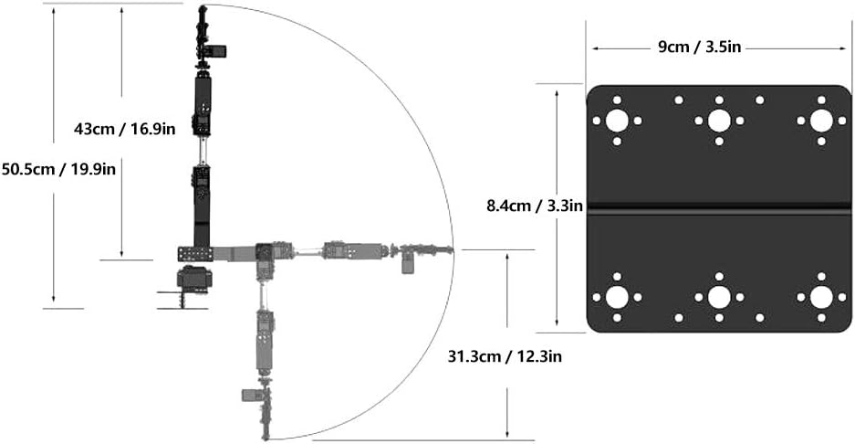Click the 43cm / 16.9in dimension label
tap(124, 129)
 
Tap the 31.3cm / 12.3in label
tap(507, 356)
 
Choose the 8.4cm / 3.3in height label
tap(535, 206)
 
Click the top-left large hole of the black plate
tap(617, 121)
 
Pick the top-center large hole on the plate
tap(719, 121)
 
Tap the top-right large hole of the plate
tap(820, 121)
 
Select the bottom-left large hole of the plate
tap(617, 297)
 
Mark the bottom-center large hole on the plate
tap(719, 297)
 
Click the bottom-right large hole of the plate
tap(820, 297)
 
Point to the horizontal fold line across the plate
tap(719, 208)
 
